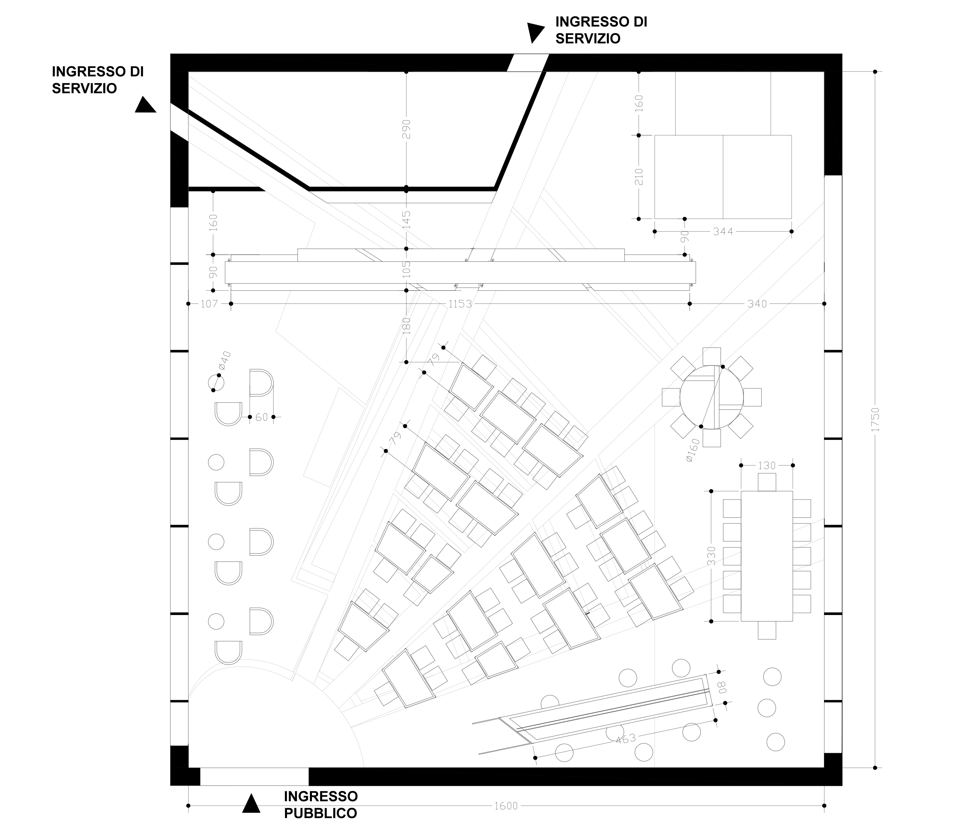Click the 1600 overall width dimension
click(x=506, y=806)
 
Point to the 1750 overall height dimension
click(x=875, y=419)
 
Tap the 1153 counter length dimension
click(x=460, y=304)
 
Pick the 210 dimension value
click(x=639, y=177)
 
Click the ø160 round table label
click(x=693, y=450)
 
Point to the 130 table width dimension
click(x=767, y=465)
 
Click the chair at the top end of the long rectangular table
click(x=767, y=481)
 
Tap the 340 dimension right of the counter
click(x=757, y=304)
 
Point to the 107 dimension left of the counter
click(x=209, y=304)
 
